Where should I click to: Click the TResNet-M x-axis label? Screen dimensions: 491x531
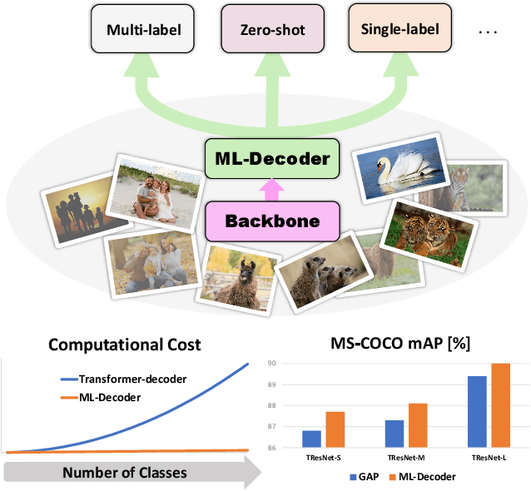[405, 459]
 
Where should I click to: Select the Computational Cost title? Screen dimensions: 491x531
[124, 345]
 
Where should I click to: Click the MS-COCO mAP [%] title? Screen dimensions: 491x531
[400, 342]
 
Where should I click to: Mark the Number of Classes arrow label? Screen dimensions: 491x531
[124, 473]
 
